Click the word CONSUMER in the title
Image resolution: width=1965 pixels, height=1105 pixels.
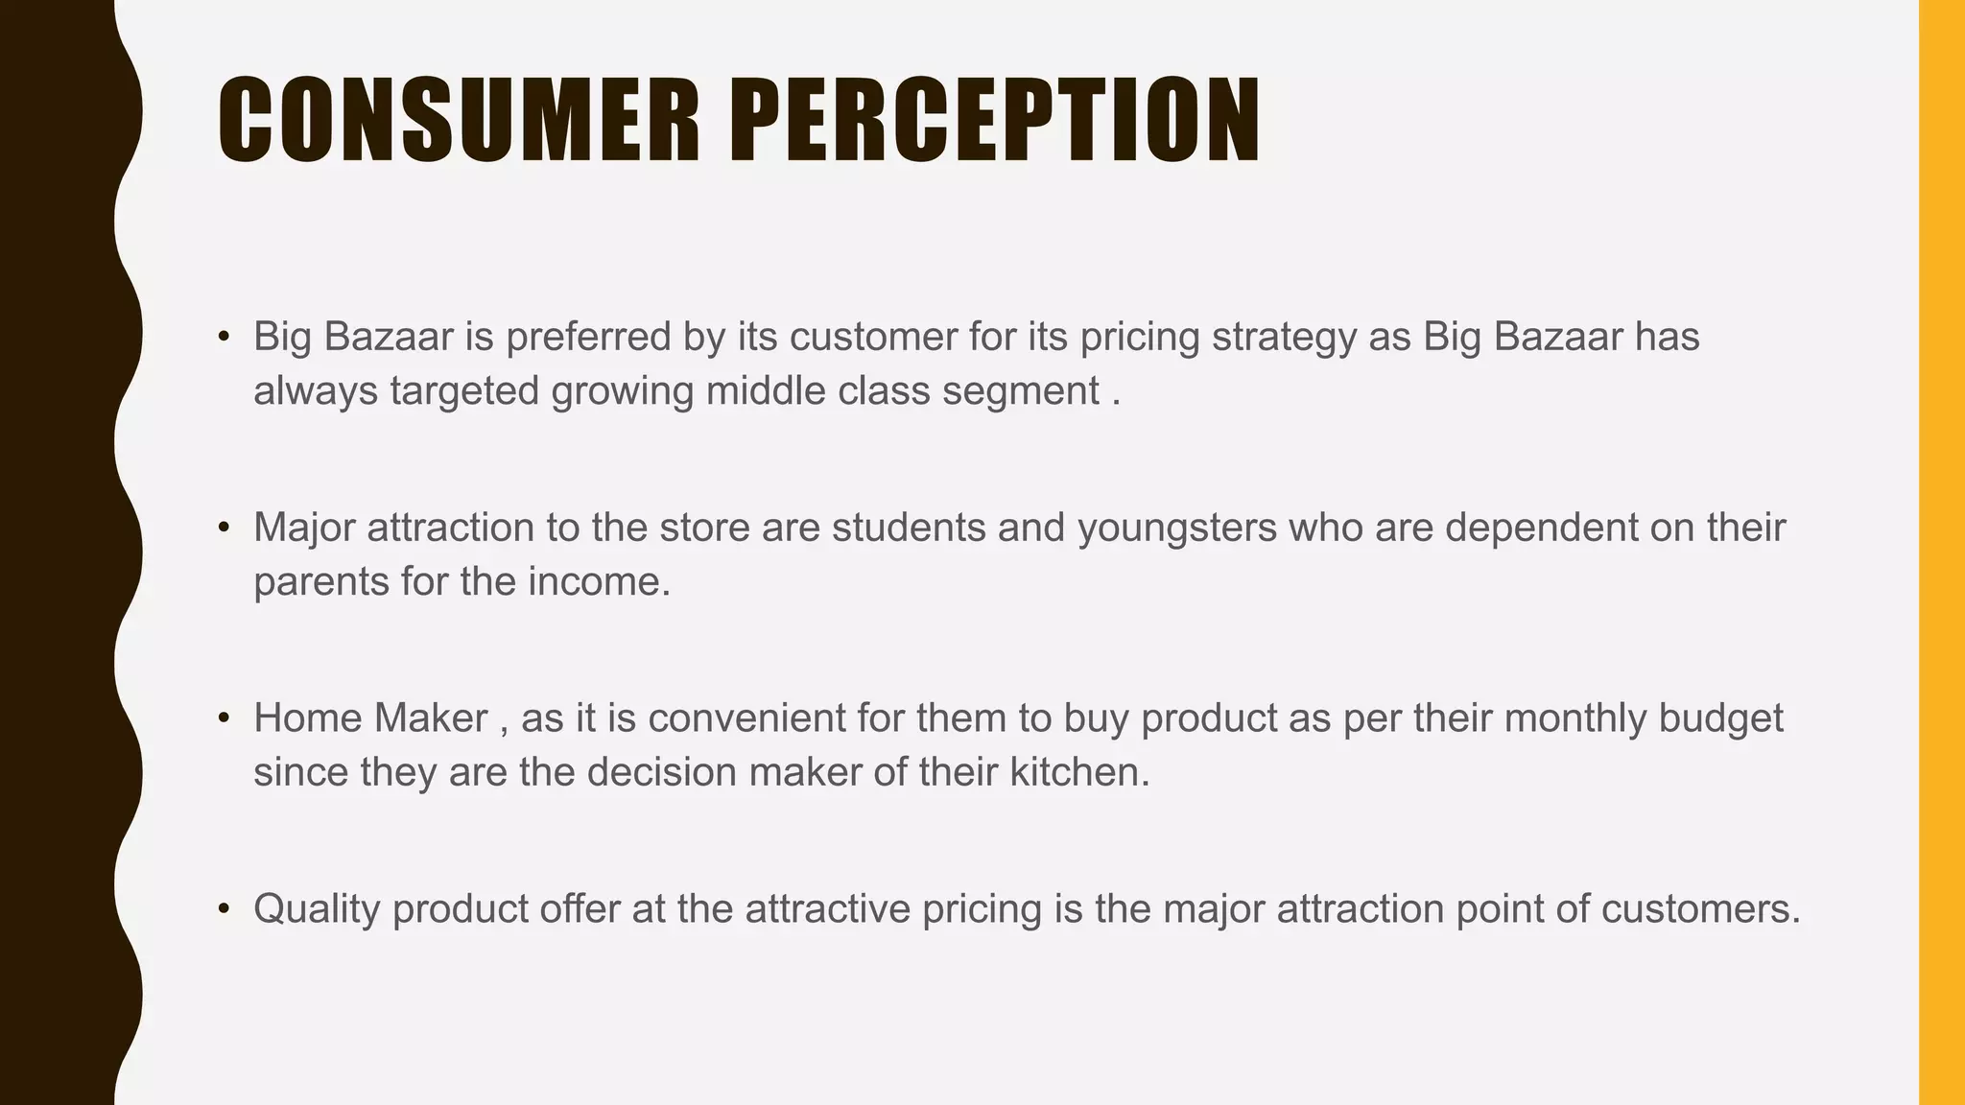click(x=459, y=121)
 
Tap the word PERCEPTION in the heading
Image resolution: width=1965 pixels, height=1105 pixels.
click(x=995, y=121)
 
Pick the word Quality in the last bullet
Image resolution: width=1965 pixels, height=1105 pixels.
click(x=317, y=909)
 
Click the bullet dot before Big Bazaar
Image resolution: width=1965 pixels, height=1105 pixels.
click(x=224, y=337)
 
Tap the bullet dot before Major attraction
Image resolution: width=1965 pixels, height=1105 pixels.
click(x=224, y=528)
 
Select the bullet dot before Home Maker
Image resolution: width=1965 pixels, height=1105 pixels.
click(x=224, y=717)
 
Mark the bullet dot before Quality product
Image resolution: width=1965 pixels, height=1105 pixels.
click(x=224, y=908)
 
